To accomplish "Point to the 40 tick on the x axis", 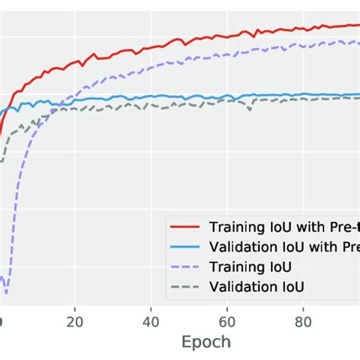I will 151,321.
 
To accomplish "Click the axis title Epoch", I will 205,342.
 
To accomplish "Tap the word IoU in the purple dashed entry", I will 278,267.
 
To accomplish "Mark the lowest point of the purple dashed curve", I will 6,292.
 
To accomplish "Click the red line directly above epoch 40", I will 151,47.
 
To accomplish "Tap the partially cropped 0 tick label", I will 2,321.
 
